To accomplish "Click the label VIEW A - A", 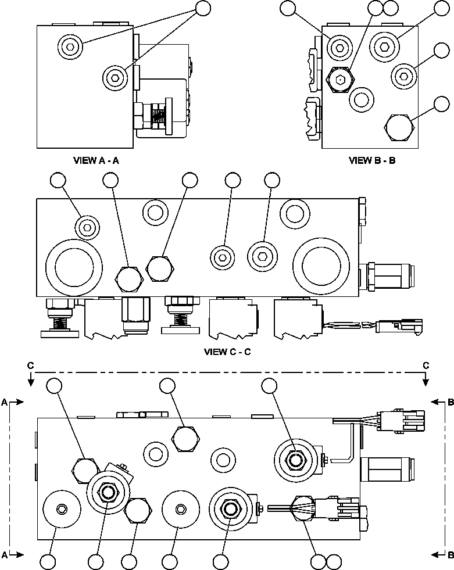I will coord(96,160).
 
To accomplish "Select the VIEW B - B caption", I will coord(372,160).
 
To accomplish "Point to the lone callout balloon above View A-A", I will coord(202,8).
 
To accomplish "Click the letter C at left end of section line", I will coord(30,365).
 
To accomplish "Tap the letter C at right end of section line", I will coord(426,365).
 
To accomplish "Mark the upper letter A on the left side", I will coord(5,401).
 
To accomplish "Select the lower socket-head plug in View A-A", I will coord(115,76).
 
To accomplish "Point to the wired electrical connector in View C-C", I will coord(398,325).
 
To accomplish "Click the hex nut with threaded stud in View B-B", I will coord(341,79).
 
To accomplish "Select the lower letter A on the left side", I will coord(5,554).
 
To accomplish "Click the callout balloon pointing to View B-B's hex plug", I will coord(442,104).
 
